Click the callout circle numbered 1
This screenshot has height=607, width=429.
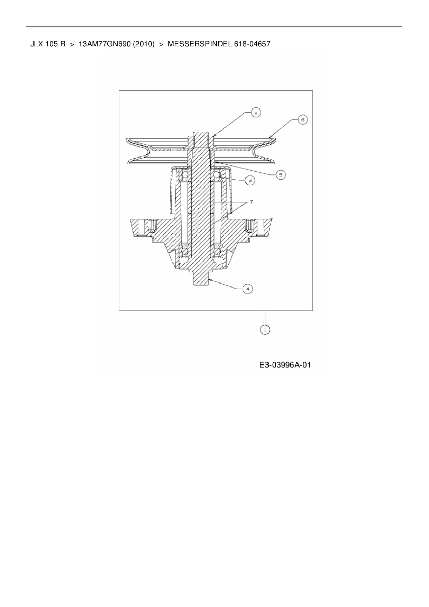pos(265,330)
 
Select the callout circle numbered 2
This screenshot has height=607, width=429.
pos(256,112)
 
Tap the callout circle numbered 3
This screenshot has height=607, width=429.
pos(250,180)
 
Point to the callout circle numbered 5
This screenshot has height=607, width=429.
pos(281,175)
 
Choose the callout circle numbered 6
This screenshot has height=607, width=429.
pos(302,120)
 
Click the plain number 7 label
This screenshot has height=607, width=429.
pos(251,202)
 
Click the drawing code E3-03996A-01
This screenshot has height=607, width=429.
pos(285,365)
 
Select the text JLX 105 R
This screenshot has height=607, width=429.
pos(48,44)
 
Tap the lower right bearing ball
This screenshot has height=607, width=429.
pos(218,252)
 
